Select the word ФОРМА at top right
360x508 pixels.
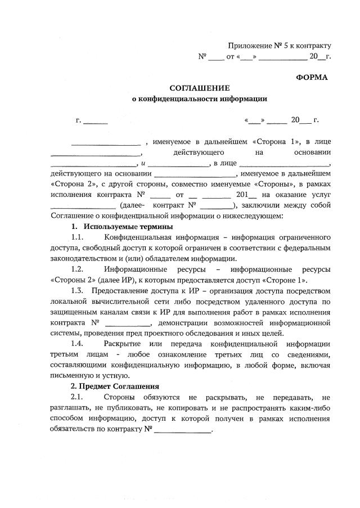(x=312, y=77)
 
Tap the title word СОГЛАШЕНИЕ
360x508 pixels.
(x=200, y=88)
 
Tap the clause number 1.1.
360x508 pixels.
(x=77, y=237)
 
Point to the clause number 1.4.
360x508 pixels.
(x=77, y=343)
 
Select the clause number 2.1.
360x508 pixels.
(x=77, y=397)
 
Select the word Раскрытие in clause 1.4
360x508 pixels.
(x=123, y=343)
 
